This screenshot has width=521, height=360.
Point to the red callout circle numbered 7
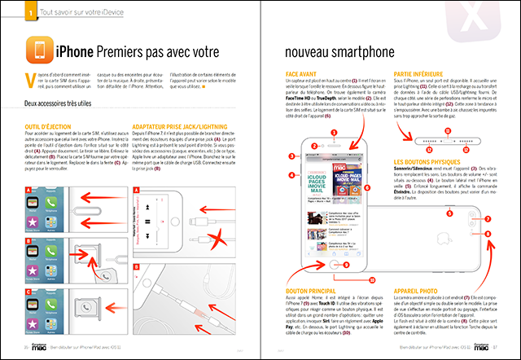coord(487,219)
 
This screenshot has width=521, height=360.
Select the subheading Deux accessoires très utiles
coord(62,104)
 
